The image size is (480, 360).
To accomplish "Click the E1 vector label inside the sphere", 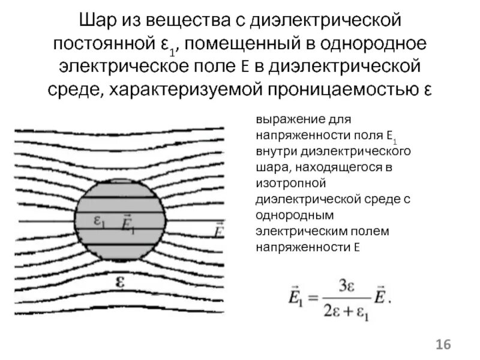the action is pyautogui.click(x=128, y=223).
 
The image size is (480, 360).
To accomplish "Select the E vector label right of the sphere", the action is pyautogui.click(x=219, y=227).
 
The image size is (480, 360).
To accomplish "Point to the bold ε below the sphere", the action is pyautogui.click(x=119, y=281).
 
